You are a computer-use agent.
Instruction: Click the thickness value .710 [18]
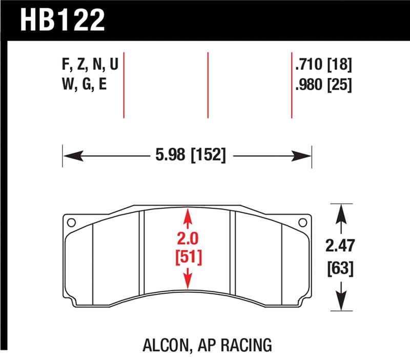(x=323, y=65)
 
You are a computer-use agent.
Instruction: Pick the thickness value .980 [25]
(x=323, y=85)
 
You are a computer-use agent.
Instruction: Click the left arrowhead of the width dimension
(x=70, y=155)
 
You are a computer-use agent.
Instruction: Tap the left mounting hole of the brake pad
(x=71, y=223)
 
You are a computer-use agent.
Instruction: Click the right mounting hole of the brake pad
(x=302, y=223)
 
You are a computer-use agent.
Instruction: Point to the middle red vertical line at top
(x=208, y=85)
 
